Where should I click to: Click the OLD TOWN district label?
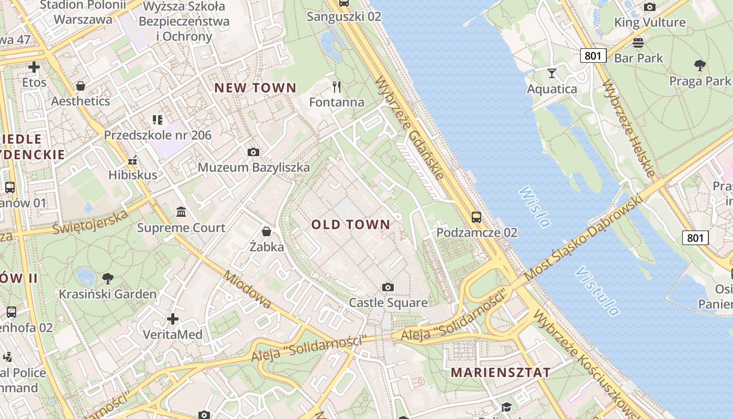pyautogui.click(x=351, y=225)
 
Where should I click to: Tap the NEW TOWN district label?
pyautogui.click(x=256, y=88)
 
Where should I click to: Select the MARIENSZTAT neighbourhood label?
pyautogui.click(x=501, y=372)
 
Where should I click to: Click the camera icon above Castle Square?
pyautogui.click(x=388, y=287)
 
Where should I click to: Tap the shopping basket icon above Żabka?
pyautogui.click(x=266, y=231)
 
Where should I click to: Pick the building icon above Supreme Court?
pyautogui.click(x=181, y=212)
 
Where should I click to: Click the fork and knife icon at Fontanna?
pyautogui.click(x=337, y=86)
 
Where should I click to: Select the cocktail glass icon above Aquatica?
pyautogui.click(x=552, y=73)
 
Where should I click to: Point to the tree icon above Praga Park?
pyautogui.click(x=699, y=65)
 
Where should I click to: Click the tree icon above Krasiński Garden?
pyautogui.click(x=108, y=278)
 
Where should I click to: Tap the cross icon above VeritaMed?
pyautogui.click(x=173, y=318)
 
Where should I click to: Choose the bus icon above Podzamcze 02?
pyautogui.click(x=476, y=217)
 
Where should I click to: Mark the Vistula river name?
pyautogui.click(x=597, y=292)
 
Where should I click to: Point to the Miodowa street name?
pyautogui.click(x=247, y=290)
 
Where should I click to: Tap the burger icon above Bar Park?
pyautogui.click(x=638, y=42)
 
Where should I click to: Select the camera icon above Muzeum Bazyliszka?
pyautogui.click(x=253, y=152)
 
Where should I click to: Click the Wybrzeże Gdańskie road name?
pyautogui.click(x=409, y=128)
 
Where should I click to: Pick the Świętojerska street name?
pyautogui.click(x=90, y=222)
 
